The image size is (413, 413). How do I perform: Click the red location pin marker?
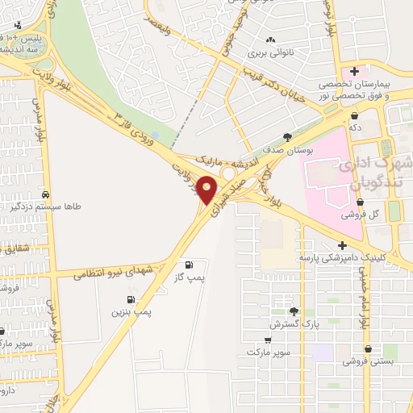pos(207,190)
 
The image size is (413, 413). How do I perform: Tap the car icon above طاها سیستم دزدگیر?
pos(47,195)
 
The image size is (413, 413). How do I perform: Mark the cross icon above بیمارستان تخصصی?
pos(354,72)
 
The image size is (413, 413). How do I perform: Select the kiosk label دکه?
pos(354,127)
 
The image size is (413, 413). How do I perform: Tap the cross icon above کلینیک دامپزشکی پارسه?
pos(342,244)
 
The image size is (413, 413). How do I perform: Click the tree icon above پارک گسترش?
pos(294,311)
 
